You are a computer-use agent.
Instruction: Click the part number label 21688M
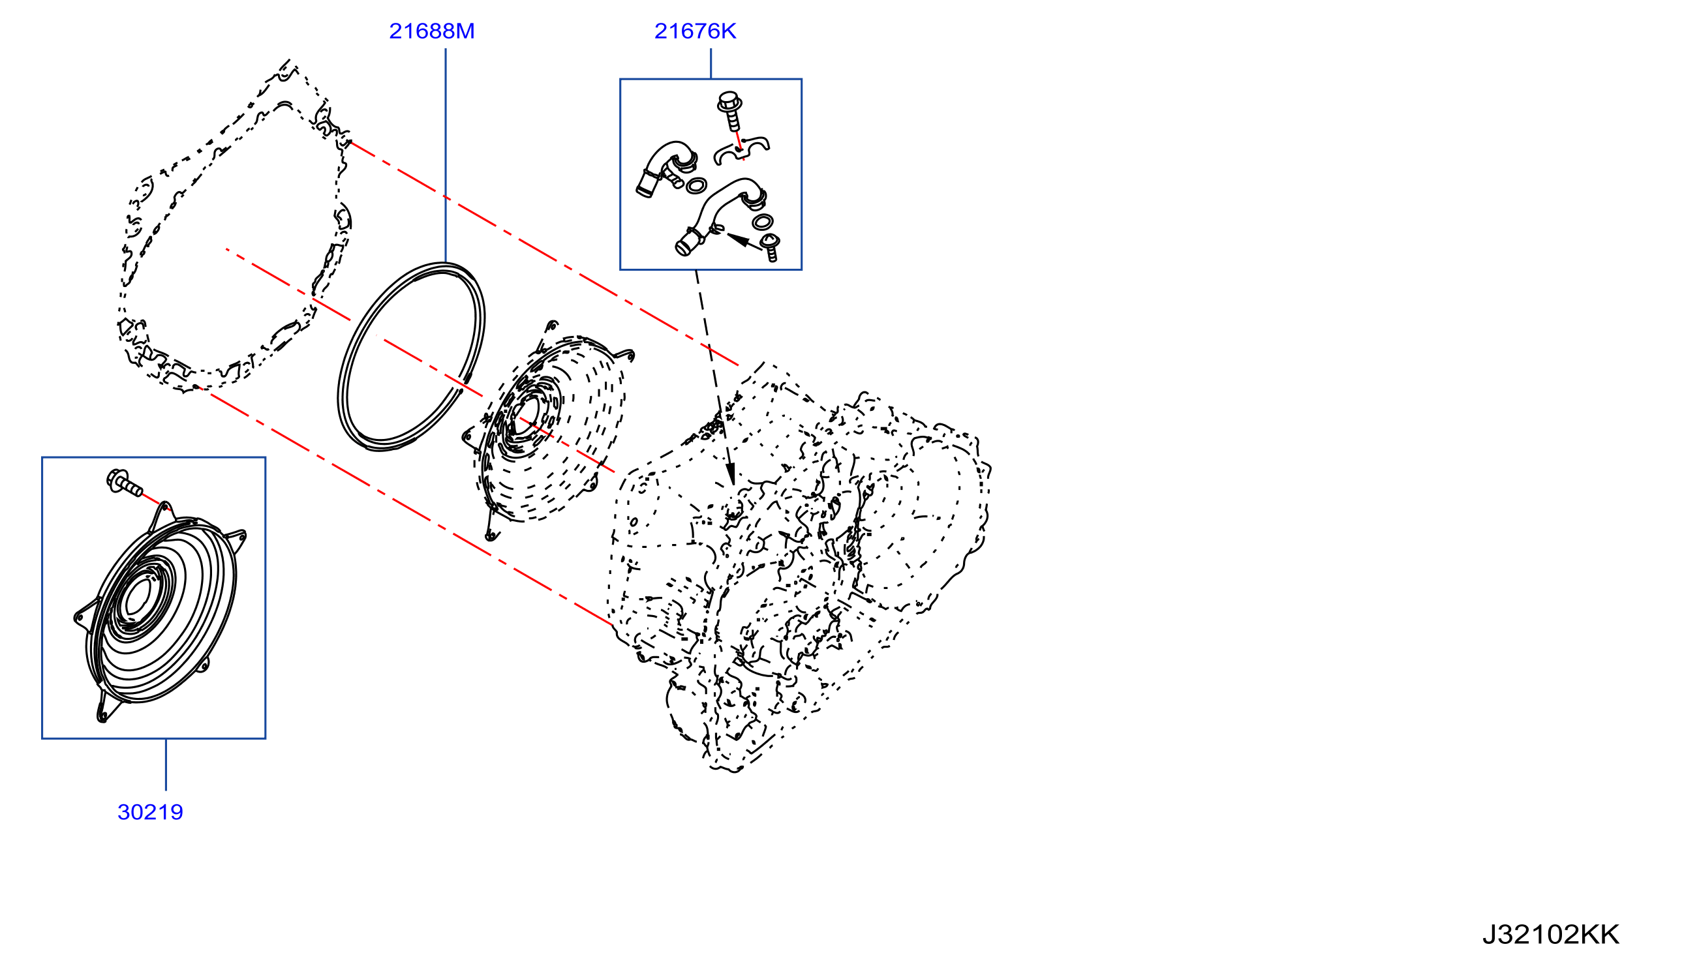[431, 31]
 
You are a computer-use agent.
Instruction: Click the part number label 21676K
[695, 31]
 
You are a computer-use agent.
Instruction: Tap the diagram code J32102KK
[1550, 935]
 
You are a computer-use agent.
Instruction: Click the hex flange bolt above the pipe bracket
[730, 110]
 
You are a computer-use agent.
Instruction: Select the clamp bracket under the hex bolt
[741, 150]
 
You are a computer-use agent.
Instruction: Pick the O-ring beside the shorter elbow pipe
[696, 185]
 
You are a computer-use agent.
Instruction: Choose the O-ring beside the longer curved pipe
[763, 221]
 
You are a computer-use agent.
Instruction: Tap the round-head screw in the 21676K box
[770, 247]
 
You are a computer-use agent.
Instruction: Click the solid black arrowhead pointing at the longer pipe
[737, 239]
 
